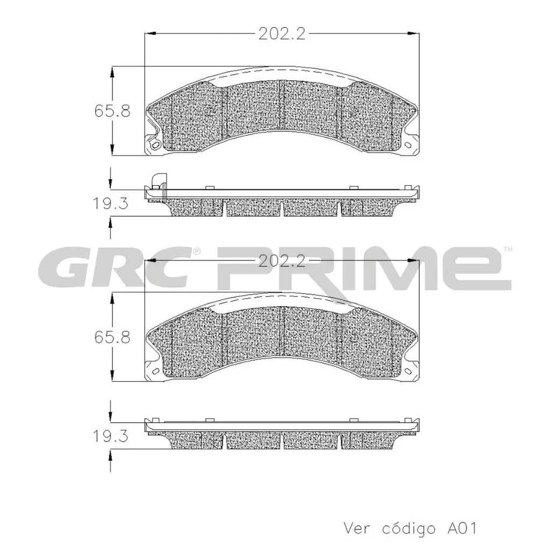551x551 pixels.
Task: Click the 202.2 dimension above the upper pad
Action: tap(281, 34)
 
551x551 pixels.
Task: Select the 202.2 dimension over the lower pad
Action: tap(281, 261)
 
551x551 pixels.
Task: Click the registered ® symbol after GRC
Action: tap(197, 251)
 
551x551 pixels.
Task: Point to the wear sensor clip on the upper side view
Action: tap(159, 181)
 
